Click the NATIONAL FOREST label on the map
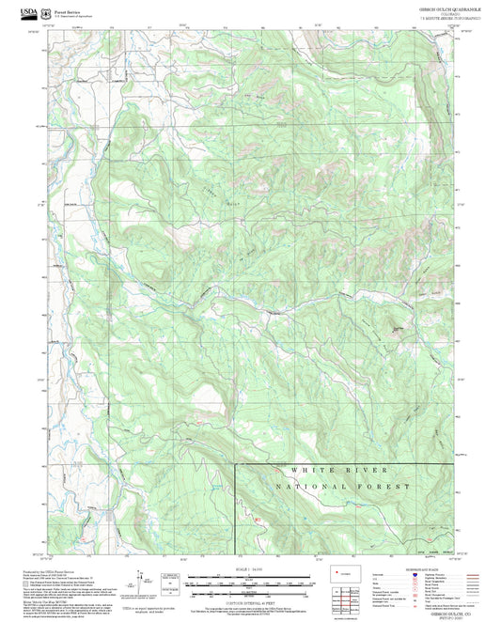[x=344, y=486]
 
